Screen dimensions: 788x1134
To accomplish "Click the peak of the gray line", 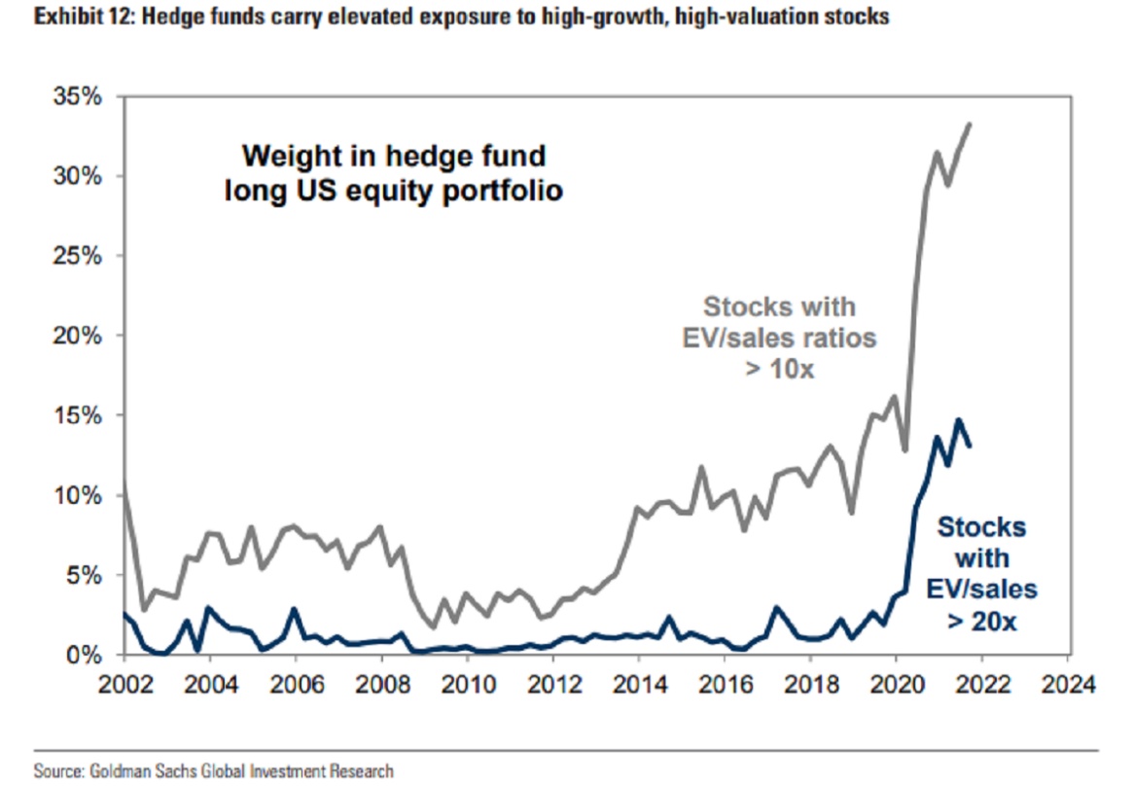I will (970, 124).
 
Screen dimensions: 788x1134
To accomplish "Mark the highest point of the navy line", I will (958, 419).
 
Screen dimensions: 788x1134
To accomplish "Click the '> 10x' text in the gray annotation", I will (780, 370).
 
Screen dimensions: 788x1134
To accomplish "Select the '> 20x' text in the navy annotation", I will (981, 621).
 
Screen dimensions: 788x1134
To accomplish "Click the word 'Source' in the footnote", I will (54, 771).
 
